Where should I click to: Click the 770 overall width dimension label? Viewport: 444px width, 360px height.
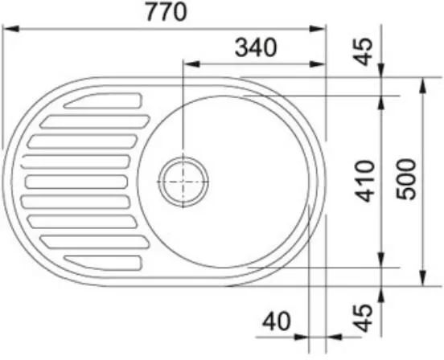[x=166, y=12]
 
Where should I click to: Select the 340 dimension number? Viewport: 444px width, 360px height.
[x=256, y=47]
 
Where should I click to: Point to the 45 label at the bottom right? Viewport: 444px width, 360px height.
[x=363, y=317]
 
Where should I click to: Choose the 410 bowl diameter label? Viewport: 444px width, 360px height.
[x=365, y=182]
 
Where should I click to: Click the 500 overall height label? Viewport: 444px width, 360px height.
[x=406, y=179]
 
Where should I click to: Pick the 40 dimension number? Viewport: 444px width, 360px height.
[x=277, y=321]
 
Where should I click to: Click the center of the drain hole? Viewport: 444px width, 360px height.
[x=183, y=182]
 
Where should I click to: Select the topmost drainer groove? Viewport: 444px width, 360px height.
[x=103, y=100]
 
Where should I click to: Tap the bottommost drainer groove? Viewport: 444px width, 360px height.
[x=103, y=263]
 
